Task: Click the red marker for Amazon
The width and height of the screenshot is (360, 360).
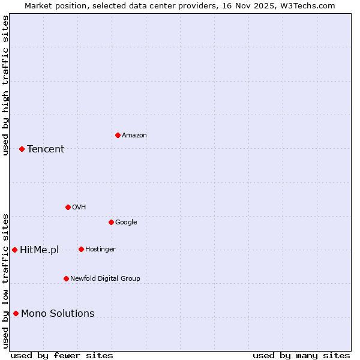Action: (x=118, y=135)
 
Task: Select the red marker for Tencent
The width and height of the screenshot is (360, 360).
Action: (x=22, y=149)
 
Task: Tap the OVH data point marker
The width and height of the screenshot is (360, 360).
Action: (x=68, y=207)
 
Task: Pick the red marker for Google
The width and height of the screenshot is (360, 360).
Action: (x=111, y=222)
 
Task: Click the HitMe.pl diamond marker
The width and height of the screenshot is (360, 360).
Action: (x=14, y=250)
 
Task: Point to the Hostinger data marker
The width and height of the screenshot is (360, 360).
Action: (x=81, y=249)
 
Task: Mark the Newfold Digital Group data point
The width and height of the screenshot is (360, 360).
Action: (x=66, y=278)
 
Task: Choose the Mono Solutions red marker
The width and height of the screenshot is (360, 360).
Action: (x=16, y=313)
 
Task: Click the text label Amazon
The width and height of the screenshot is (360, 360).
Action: (x=134, y=136)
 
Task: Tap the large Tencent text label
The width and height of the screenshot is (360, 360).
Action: (x=46, y=149)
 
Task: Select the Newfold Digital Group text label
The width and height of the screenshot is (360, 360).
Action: (x=105, y=279)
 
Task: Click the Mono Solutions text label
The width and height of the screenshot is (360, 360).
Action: (x=58, y=314)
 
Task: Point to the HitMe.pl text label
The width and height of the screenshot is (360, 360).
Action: (x=39, y=250)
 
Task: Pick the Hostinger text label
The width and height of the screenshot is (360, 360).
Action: (x=100, y=250)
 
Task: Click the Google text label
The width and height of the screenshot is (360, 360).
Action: (x=126, y=223)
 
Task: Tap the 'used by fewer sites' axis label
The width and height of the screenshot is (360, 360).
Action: (x=62, y=355)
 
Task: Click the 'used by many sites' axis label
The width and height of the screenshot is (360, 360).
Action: (x=301, y=355)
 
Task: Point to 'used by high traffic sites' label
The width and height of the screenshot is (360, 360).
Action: (x=5, y=85)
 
